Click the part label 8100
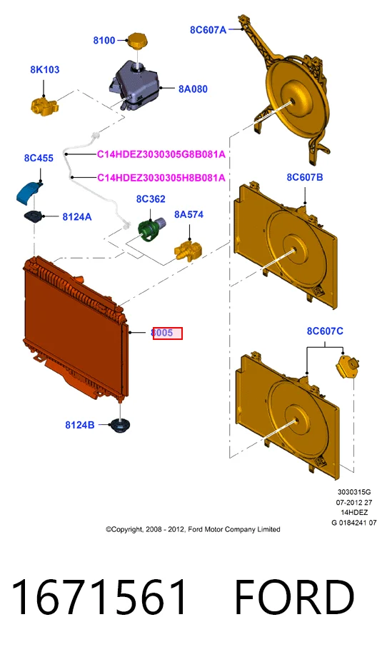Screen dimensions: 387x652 [104, 40]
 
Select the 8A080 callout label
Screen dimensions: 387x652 [193, 89]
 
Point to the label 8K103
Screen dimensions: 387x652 [44, 69]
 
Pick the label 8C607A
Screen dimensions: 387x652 [208, 29]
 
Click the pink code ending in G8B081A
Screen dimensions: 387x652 [161, 154]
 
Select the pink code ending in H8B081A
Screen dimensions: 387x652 [161, 178]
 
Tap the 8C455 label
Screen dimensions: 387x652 [39, 158]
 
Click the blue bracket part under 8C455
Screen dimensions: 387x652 [29, 193]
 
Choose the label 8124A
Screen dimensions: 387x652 [77, 216]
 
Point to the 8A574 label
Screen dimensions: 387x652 [189, 214]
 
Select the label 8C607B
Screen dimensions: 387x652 [305, 177]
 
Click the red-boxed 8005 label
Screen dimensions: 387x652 [168, 333]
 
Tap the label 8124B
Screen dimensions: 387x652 [80, 425]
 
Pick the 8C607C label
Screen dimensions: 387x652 [325, 331]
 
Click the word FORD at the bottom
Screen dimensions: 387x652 [295, 598]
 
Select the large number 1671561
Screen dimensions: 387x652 [99, 598]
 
